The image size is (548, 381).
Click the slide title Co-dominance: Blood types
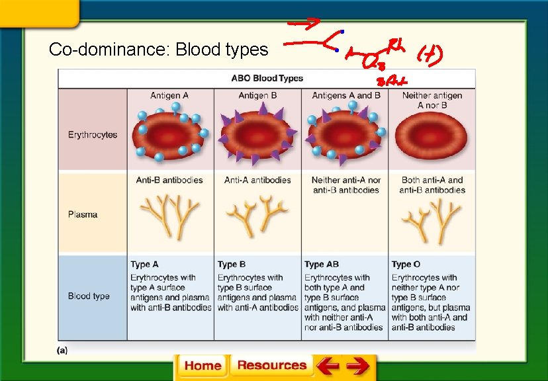[x=159, y=50]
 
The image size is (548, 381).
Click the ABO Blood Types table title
[x=267, y=78]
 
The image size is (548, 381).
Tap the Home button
[x=203, y=366]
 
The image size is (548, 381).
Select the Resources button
[x=271, y=365]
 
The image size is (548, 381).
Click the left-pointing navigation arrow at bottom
[x=327, y=366]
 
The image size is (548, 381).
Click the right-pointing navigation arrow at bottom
[x=357, y=366]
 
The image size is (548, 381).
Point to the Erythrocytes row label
[x=93, y=135]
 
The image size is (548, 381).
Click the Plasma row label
[x=83, y=214]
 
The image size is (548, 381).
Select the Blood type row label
[x=89, y=296]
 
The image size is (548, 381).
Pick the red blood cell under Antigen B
[x=257, y=136]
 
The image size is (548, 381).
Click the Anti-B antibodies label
[x=169, y=180]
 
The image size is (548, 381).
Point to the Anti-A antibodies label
[x=257, y=180]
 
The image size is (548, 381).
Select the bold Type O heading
[x=406, y=265]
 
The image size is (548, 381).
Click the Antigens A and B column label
[x=345, y=96]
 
